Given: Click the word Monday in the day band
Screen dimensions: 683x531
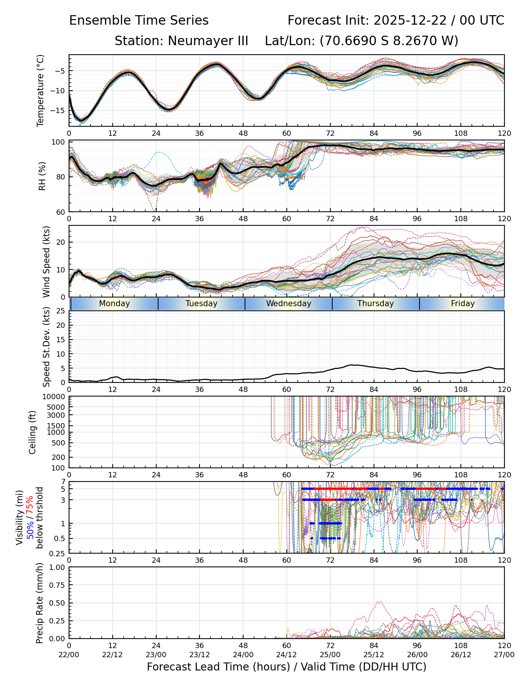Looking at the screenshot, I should tap(114, 304).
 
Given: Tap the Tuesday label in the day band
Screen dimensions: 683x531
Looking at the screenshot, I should tap(201, 304).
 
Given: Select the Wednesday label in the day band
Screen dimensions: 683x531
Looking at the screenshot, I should tap(289, 304).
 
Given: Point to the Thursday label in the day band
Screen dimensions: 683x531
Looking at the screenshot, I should tap(375, 304).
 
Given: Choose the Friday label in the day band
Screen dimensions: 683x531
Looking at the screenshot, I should tap(463, 304).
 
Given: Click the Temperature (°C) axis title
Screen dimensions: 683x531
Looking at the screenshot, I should tap(41, 90).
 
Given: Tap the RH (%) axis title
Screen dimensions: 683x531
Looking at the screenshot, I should tap(42, 176).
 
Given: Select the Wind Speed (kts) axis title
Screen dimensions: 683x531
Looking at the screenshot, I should tap(46, 261).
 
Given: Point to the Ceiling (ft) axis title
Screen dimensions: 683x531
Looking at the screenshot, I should tap(33, 432).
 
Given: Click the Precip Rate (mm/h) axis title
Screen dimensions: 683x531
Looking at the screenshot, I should tap(39, 603).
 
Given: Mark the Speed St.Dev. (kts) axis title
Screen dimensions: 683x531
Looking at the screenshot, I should tap(46, 347).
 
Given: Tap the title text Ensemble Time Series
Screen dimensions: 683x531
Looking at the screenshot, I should tap(139, 20).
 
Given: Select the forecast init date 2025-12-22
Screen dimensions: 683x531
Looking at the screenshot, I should tap(411, 20).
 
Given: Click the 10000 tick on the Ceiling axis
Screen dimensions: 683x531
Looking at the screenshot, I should tap(55, 397).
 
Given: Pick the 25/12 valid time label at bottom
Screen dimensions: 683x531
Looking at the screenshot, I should tap(374, 655).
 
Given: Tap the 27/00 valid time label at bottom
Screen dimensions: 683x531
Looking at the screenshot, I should tap(504, 655).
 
